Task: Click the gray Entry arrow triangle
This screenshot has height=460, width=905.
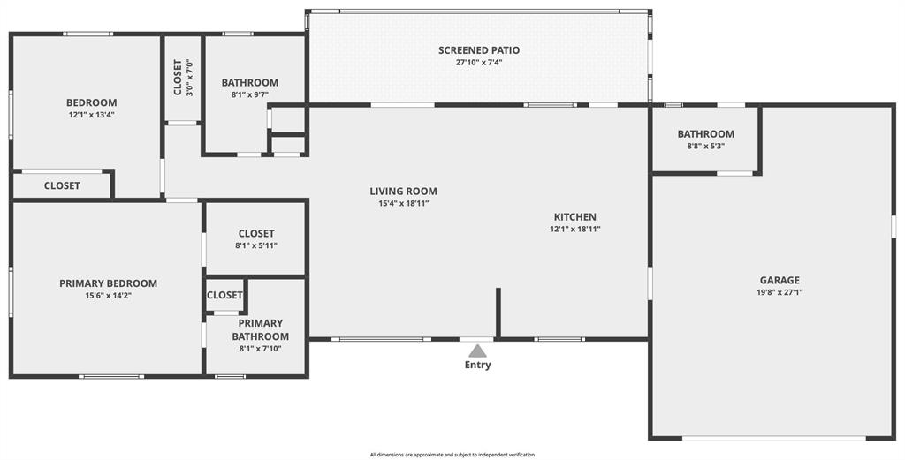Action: point(477,351)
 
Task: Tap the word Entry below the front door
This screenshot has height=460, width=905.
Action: point(477,365)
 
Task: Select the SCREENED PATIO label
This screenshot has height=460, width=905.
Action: point(479,50)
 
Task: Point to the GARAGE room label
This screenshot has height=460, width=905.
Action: point(779,280)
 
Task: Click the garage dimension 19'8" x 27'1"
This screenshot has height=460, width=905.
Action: point(779,292)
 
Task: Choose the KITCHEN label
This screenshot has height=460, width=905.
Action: point(574,217)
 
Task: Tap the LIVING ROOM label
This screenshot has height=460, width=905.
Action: point(403,191)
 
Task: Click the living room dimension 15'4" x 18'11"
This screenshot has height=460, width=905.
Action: point(403,203)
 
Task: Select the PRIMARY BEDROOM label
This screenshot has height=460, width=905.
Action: point(108,283)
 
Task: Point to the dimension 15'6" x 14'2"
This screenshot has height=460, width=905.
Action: point(108,296)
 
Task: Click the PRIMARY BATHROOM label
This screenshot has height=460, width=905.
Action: point(260,329)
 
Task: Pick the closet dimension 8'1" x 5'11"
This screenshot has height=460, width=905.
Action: point(255,246)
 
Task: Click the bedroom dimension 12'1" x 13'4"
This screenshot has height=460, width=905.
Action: point(91,115)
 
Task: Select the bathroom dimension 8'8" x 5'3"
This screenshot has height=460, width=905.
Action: point(705,147)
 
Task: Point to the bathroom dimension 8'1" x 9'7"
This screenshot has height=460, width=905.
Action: point(249,94)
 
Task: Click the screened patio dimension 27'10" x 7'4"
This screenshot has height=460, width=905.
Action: point(479,63)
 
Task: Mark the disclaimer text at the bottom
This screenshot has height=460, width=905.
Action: point(452,455)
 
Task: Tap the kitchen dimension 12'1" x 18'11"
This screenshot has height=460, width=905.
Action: point(574,230)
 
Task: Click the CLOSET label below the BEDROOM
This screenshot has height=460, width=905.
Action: point(62,185)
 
